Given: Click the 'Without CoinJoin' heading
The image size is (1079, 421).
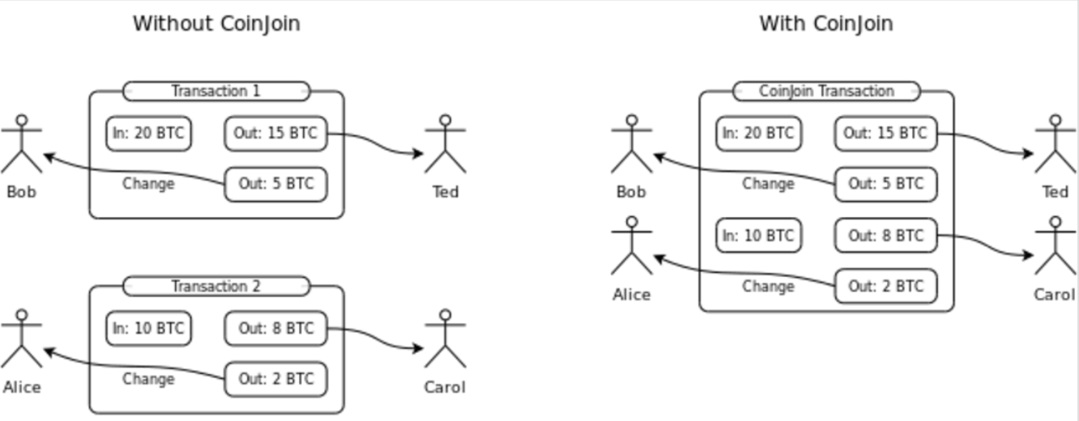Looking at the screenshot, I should click(x=216, y=23).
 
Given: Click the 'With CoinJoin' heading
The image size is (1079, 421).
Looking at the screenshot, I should click(x=825, y=23).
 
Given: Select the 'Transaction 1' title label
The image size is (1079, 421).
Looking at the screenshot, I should click(x=215, y=91).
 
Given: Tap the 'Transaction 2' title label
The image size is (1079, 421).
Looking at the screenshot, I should click(x=215, y=286).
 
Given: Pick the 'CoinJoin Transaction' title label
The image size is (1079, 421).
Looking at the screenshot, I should click(x=826, y=91).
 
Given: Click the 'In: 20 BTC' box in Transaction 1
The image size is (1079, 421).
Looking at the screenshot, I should click(x=148, y=134).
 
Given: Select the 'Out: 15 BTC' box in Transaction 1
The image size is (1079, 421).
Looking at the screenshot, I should click(x=275, y=134).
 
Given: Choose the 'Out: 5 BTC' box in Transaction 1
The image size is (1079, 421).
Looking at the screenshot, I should click(x=275, y=185).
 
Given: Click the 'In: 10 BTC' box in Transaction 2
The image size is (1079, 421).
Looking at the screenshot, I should click(x=148, y=329).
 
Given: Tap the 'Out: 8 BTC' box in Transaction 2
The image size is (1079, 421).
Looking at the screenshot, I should click(x=275, y=329).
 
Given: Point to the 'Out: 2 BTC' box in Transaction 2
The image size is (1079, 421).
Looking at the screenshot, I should click(x=275, y=379).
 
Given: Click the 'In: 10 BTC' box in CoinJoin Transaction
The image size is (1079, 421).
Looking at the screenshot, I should click(x=758, y=236).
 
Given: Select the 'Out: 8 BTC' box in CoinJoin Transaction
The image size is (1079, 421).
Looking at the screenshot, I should click(x=885, y=236).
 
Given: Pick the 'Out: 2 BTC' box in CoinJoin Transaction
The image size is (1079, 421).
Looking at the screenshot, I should click(x=885, y=286).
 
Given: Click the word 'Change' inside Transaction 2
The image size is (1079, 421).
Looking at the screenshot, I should click(x=148, y=379).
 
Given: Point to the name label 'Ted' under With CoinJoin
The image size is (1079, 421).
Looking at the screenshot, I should click(x=1056, y=192).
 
